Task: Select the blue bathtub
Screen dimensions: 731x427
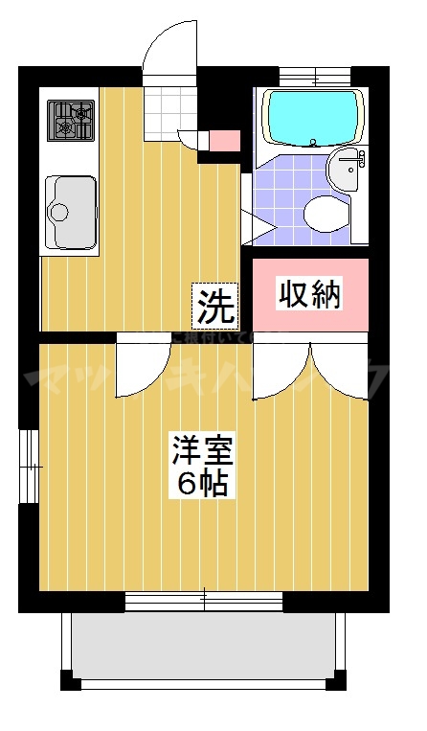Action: click(x=312, y=117)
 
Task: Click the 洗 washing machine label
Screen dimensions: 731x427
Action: click(x=215, y=306)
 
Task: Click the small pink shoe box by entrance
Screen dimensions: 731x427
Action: click(x=224, y=139)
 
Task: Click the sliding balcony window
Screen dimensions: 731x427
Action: click(x=204, y=602)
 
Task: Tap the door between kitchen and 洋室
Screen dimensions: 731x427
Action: click(x=143, y=370)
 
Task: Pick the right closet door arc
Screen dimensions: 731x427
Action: click(x=339, y=369)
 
